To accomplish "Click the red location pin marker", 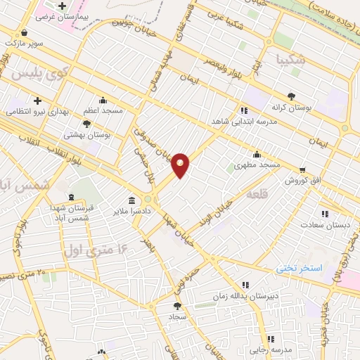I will coord(181,165).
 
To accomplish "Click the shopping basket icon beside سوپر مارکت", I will coord(25,32).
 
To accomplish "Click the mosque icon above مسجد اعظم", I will coord(103,100).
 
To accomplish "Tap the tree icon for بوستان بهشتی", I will coord(86,123).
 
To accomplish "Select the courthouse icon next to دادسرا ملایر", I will coord(131,199).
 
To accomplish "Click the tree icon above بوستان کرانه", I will coord(291,96).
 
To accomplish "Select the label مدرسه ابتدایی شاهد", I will coord(241,121).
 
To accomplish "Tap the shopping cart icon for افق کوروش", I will coord(302,169).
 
